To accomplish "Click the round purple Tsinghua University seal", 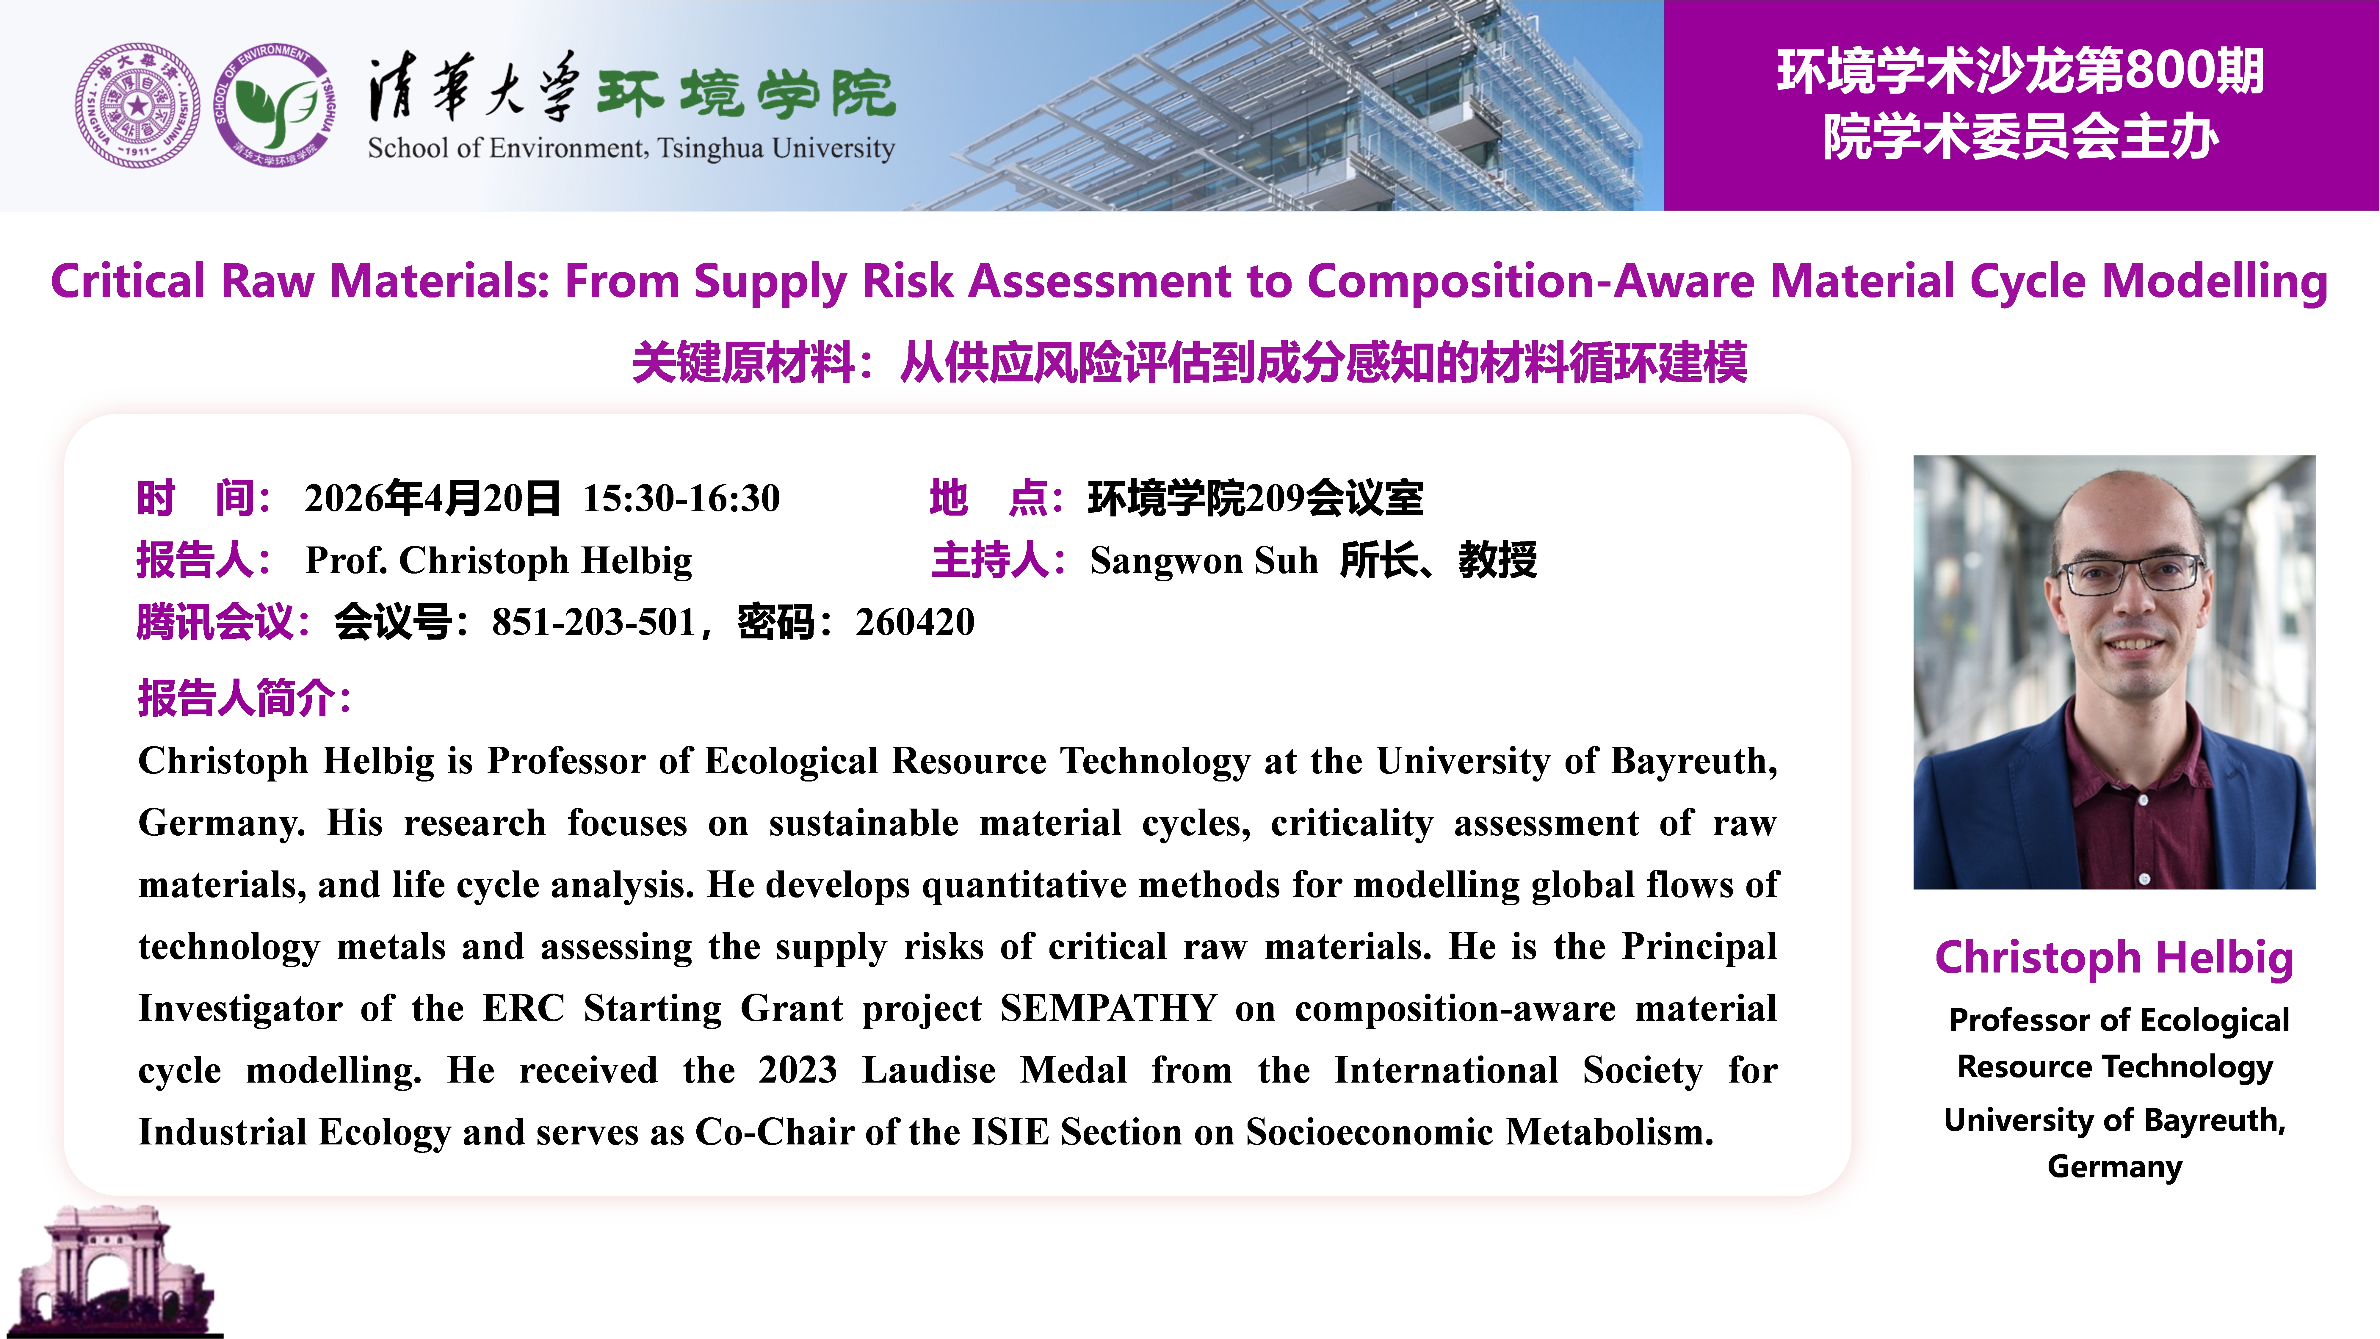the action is click(x=137, y=105).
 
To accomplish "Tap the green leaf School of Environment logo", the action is click(x=274, y=105).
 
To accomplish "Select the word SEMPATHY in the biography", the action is click(x=1109, y=1008).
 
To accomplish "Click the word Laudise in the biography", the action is click(x=930, y=1070).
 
